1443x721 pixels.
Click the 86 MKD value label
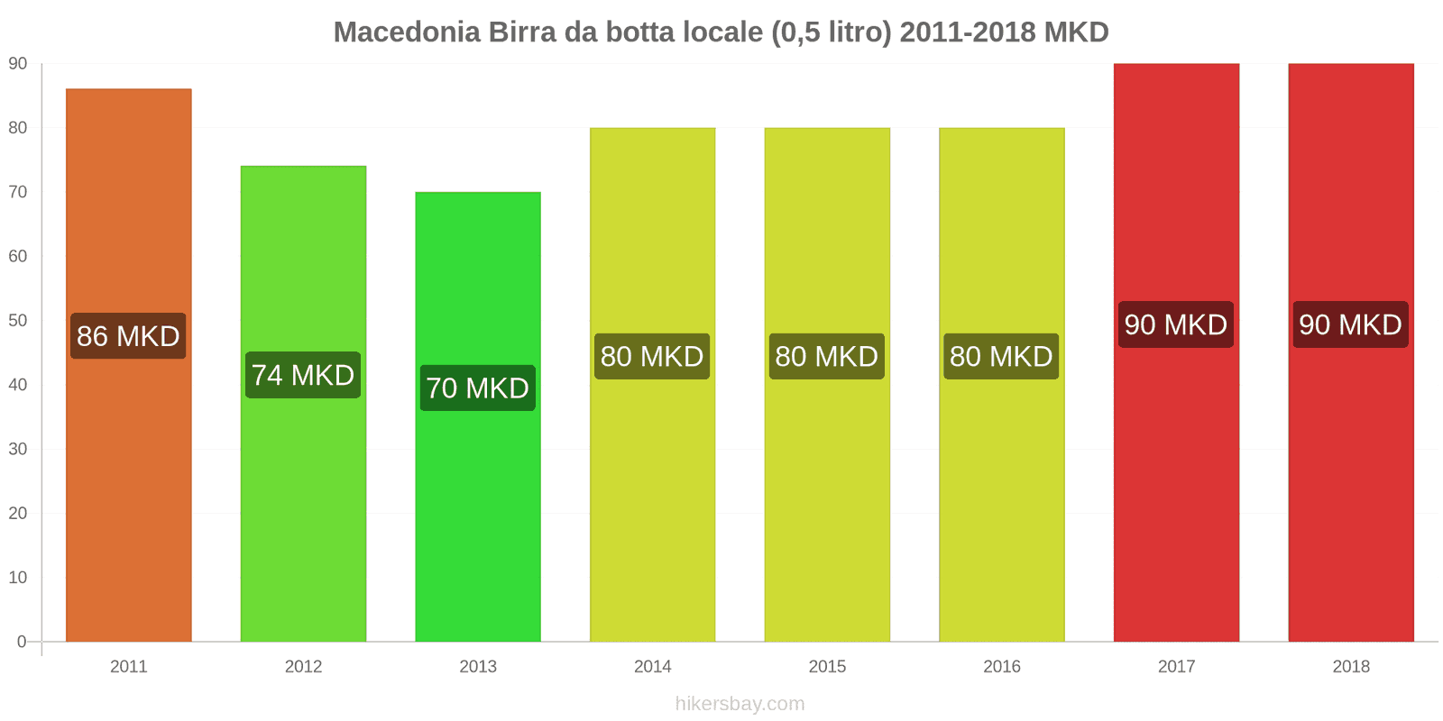tap(128, 336)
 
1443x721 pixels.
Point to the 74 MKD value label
tap(303, 375)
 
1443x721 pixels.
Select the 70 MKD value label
tap(478, 388)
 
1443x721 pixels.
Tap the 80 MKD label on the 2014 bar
tap(652, 356)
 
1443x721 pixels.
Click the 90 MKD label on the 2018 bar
tap(1350, 324)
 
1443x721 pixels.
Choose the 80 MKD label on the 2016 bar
tap(1001, 356)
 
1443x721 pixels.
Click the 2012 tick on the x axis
tap(303, 666)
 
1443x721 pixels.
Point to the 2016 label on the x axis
tap(1001, 666)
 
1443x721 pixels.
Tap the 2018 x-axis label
tap(1350, 666)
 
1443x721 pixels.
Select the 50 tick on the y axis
tap(18, 321)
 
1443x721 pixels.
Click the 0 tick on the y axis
tap(22, 642)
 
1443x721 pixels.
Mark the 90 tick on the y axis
tap(18, 64)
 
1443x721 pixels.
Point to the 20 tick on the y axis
tap(18, 513)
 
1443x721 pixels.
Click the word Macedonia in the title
tap(407, 32)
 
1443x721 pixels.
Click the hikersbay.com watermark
tap(740, 704)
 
